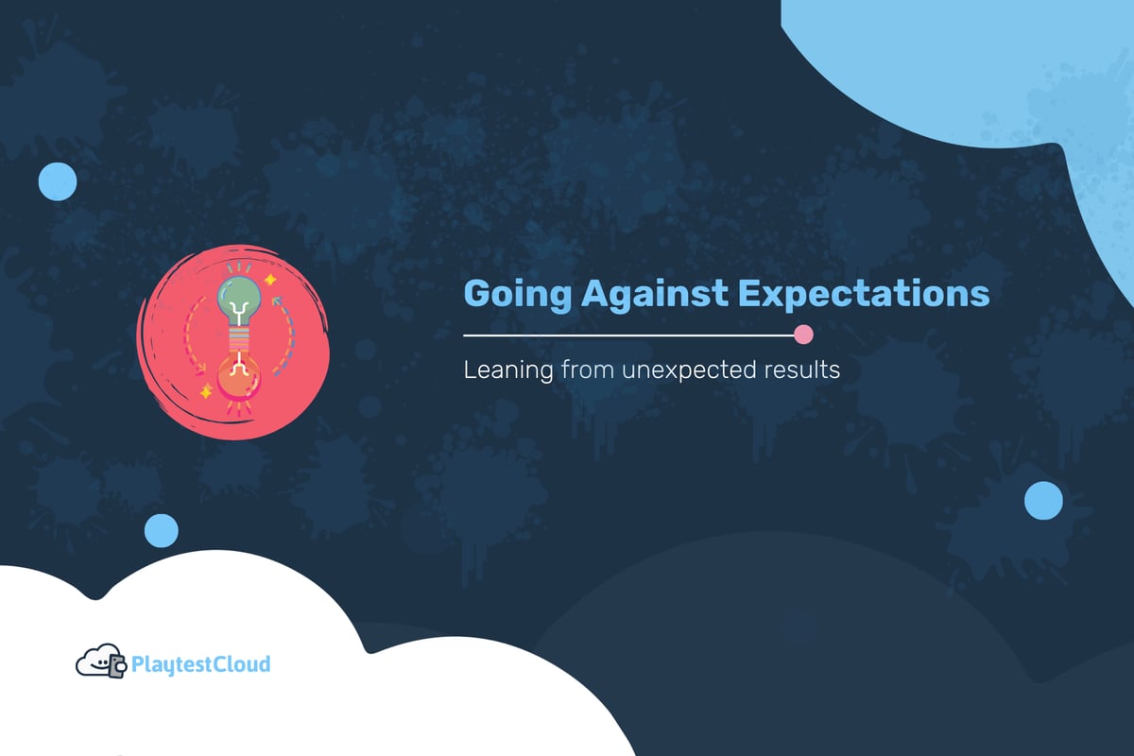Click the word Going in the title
pos(517,295)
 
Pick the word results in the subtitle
pos(801,370)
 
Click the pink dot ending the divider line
pos(804,335)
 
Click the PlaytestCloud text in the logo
pos(201,664)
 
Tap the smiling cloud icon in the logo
pos(94,662)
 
